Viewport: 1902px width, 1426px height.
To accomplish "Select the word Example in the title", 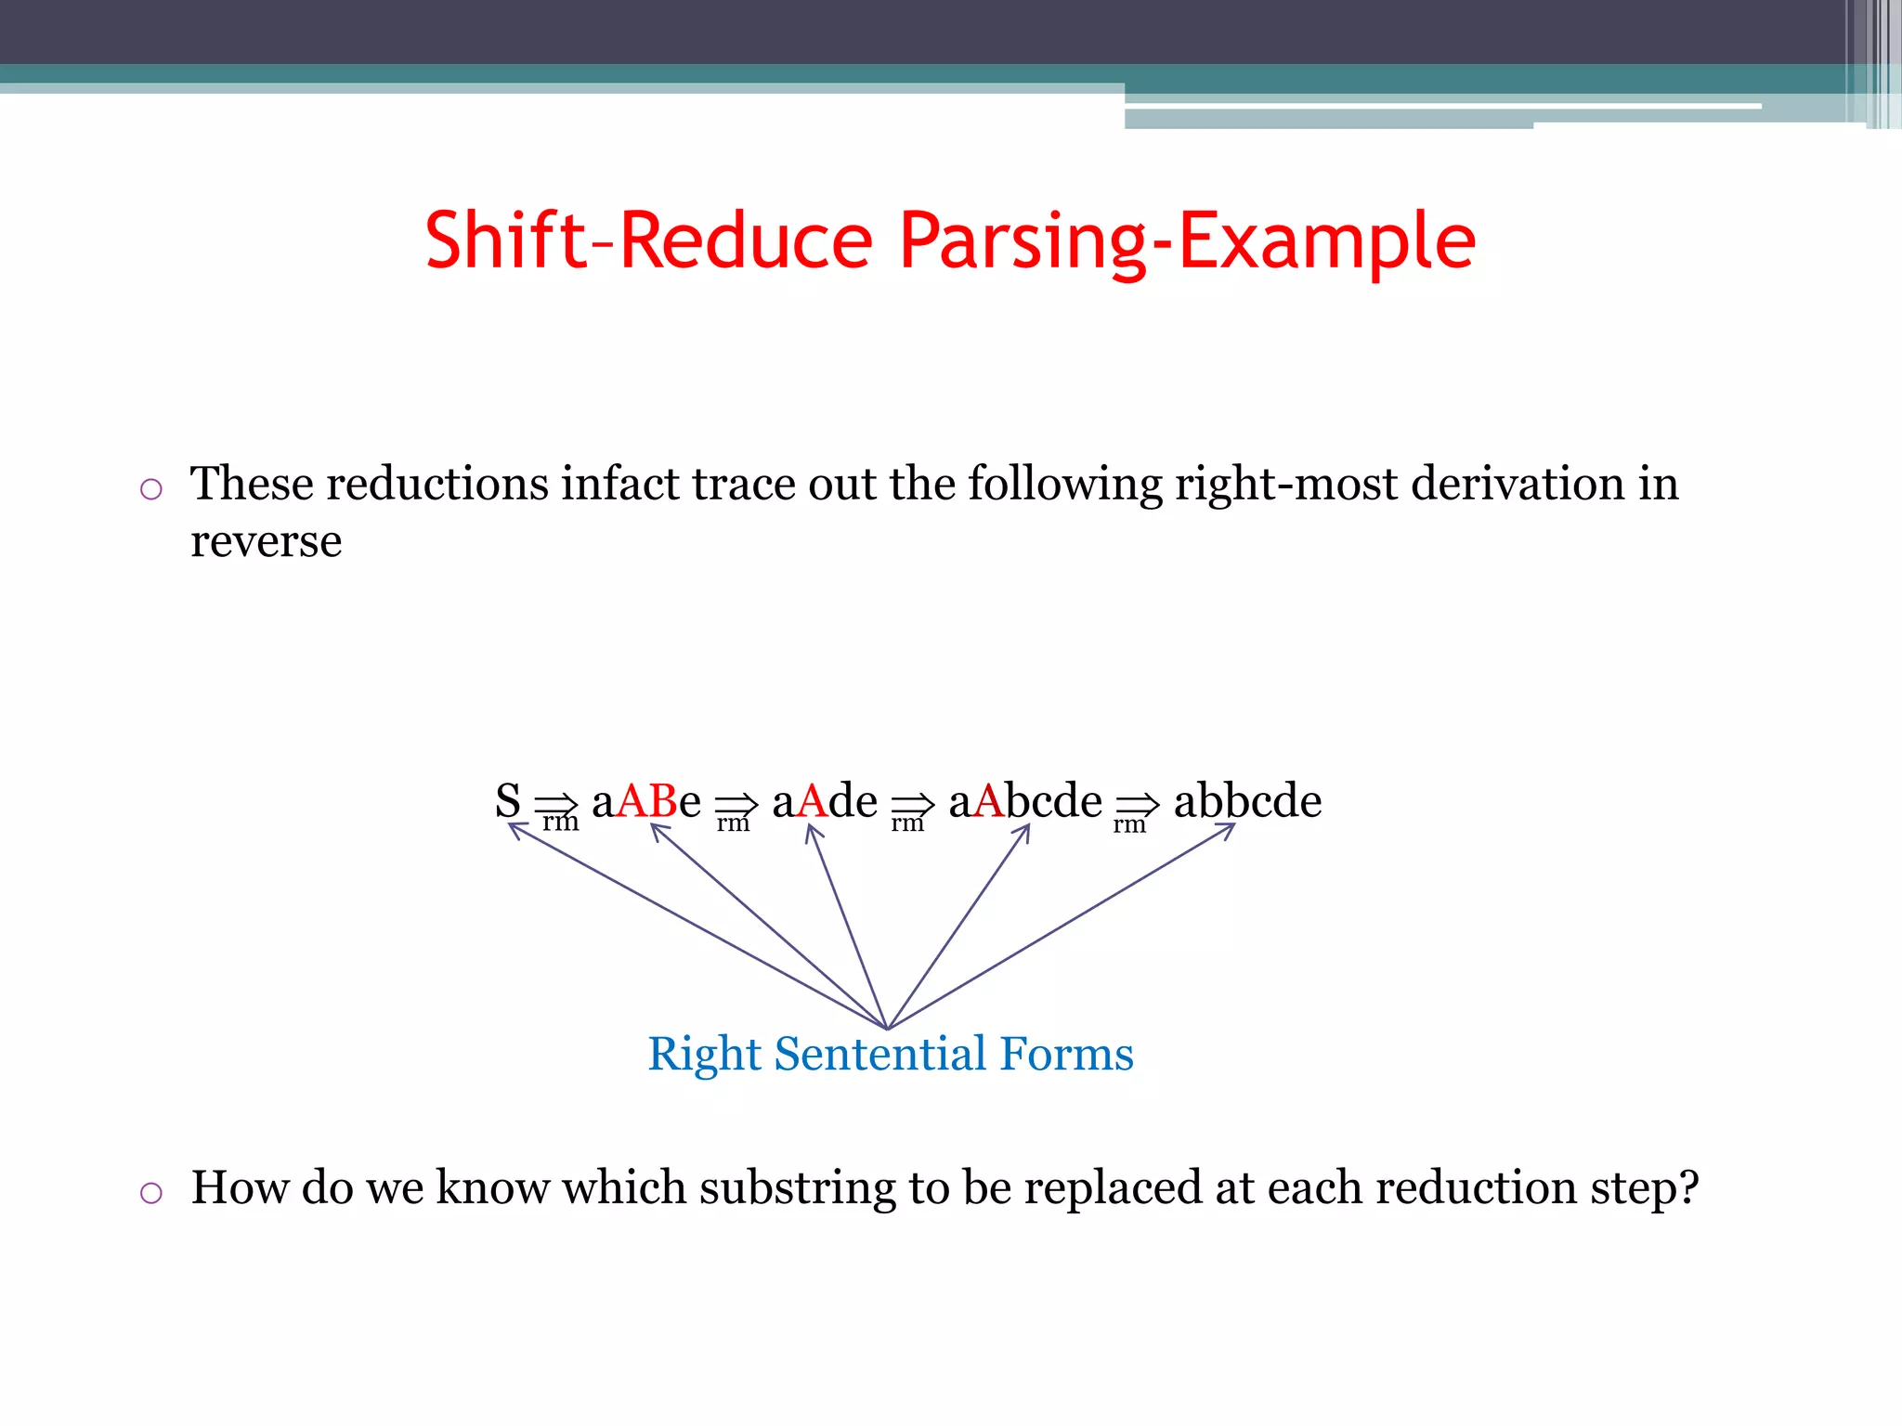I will click(1327, 240).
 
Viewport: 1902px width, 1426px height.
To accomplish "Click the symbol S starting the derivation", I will click(508, 800).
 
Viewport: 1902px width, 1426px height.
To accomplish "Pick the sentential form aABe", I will click(646, 800).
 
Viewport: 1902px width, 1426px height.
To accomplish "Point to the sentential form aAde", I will click(825, 800).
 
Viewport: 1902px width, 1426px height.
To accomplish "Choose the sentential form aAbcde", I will click(1025, 800).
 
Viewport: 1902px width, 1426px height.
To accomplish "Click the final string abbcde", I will click(1247, 800).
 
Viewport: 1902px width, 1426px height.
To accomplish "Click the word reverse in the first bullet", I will click(267, 541).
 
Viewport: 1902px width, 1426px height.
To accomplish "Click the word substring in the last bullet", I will click(797, 1187).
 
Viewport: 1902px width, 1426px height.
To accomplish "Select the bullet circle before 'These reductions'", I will click(151, 489).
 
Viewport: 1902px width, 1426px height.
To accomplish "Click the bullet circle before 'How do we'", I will click(151, 1193).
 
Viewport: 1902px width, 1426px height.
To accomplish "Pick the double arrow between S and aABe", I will click(557, 803).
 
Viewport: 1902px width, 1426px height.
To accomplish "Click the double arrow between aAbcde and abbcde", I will click(1138, 803).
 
